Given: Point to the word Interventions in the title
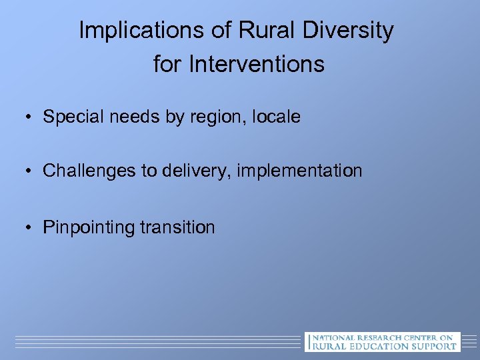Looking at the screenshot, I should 257,65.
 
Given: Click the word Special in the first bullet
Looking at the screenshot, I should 69,117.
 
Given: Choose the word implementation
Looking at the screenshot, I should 299,171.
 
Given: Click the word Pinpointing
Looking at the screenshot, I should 89,228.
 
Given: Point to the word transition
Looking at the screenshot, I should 177,228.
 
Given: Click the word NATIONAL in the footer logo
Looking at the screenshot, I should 333,337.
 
